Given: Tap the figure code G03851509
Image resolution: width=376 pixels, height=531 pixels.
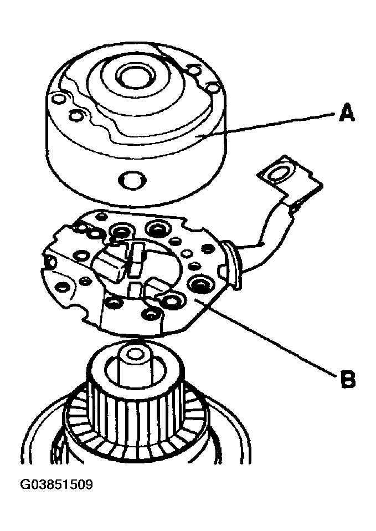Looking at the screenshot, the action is [57, 485].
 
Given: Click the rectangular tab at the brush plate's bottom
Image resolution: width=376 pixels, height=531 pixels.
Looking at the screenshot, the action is [131, 317].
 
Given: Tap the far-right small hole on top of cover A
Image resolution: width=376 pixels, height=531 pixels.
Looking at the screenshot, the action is [214, 88].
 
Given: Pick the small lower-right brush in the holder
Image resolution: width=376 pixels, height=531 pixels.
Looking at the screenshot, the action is [156, 284].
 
